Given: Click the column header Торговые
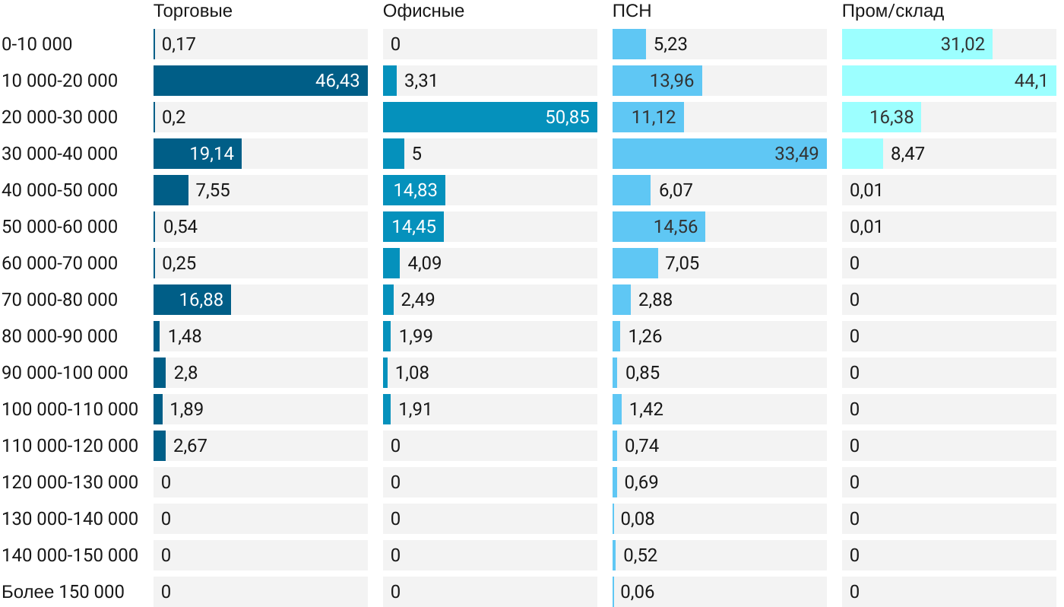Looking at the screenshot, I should tap(193, 11).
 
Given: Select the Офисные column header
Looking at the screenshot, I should tap(423, 11).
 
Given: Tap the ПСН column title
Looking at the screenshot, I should tap(632, 11).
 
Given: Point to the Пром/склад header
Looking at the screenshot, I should tap(893, 11).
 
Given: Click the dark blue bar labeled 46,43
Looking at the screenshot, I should tap(260, 81).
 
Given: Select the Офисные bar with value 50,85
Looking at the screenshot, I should tap(489, 117).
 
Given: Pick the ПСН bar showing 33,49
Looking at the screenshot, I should tap(719, 154).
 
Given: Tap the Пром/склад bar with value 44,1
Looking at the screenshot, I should tap(948, 81).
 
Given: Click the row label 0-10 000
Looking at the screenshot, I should tap(37, 44).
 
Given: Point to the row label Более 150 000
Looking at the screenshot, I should tap(63, 592).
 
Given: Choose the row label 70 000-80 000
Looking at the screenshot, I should tap(60, 300).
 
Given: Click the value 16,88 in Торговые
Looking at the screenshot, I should tap(201, 300).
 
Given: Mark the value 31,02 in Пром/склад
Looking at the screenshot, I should tap(962, 44).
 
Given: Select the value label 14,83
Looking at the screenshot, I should tap(416, 190).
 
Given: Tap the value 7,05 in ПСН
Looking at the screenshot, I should tap(682, 263).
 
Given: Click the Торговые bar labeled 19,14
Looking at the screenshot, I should tap(197, 154).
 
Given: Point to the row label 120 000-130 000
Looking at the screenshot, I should tap(70, 482).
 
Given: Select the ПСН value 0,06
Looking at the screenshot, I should tap(637, 592).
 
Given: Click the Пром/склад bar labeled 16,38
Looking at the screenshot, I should tap(881, 117).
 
